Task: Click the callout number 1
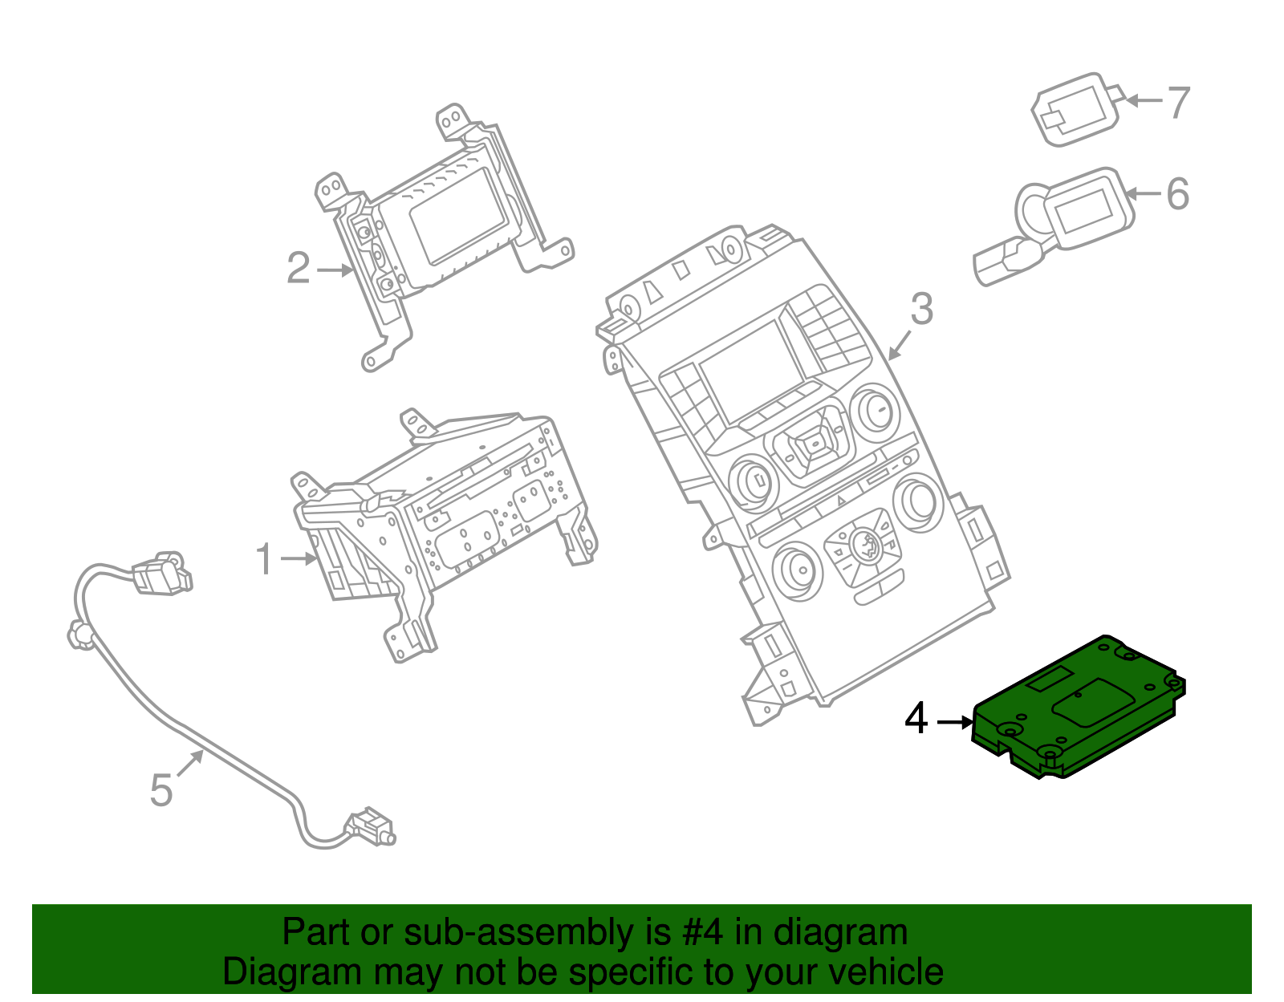click(264, 559)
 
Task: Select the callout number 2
click(298, 269)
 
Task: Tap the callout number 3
click(921, 310)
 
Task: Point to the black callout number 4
click(916, 720)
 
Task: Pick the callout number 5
click(161, 790)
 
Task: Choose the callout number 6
click(1177, 194)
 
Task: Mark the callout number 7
click(1178, 103)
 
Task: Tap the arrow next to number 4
click(954, 722)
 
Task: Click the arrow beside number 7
click(1143, 101)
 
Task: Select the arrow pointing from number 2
click(335, 270)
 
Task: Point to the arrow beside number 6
click(1143, 193)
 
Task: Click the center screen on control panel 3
click(751, 370)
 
